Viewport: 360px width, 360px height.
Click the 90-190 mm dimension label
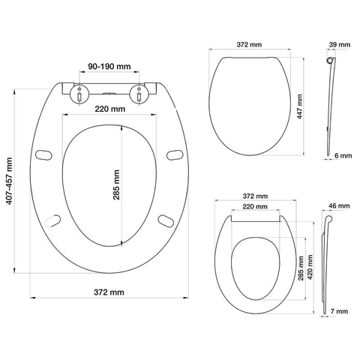(x=109, y=67)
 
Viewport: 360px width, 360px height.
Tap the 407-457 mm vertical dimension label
(x=9, y=181)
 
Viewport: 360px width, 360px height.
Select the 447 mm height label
(x=300, y=106)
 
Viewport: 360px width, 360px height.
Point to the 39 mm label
(x=340, y=45)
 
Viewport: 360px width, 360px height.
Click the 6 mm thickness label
(x=343, y=155)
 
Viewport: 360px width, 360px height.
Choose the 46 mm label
(x=339, y=205)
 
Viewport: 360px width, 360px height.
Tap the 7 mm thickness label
(x=339, y=311)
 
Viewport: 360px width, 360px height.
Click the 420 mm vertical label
(x=310, y=267)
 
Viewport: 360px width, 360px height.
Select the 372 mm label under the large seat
(x=109, y=292)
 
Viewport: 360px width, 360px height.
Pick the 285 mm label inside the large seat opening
(x=116, y=184)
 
